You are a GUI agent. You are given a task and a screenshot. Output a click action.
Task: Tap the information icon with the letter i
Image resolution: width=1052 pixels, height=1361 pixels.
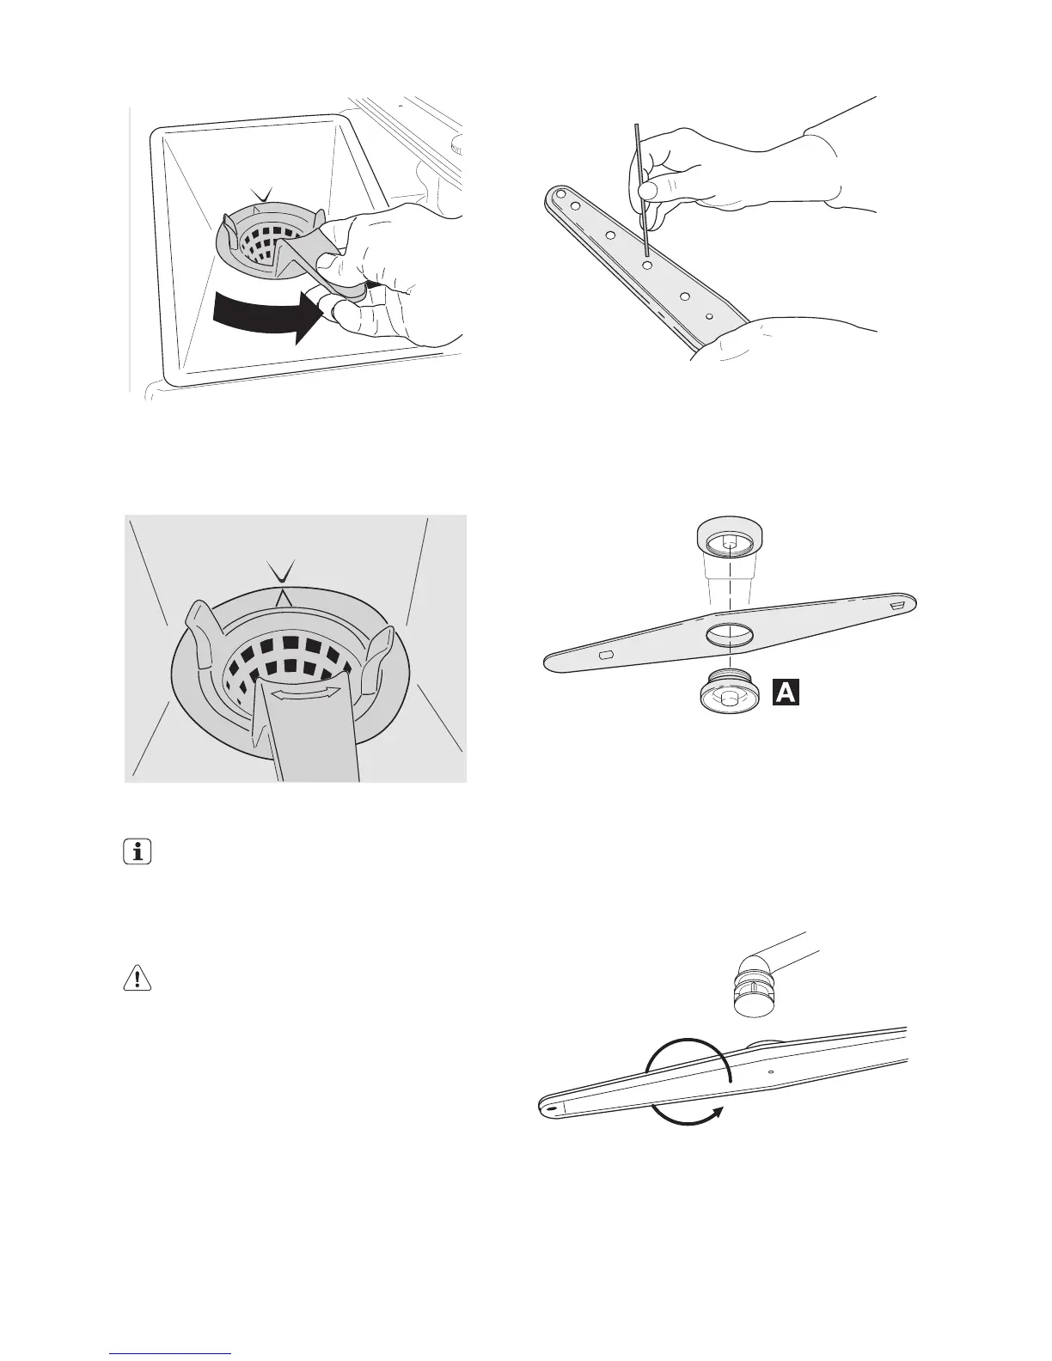[x=137, y=853]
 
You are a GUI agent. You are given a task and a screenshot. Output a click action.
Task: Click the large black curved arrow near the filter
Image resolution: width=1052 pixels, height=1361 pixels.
[x=263, y=312]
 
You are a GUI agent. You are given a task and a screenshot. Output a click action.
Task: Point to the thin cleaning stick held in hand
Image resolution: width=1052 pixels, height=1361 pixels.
[x=640, y=189]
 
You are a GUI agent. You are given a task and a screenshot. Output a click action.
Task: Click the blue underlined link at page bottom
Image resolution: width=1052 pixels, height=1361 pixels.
[x=171, y=1354]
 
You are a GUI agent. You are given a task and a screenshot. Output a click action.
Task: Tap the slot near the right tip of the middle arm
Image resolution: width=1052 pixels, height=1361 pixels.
[x=897, y=606]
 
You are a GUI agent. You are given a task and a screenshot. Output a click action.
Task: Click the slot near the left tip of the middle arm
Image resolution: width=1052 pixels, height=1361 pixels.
[x=605, y=656]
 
